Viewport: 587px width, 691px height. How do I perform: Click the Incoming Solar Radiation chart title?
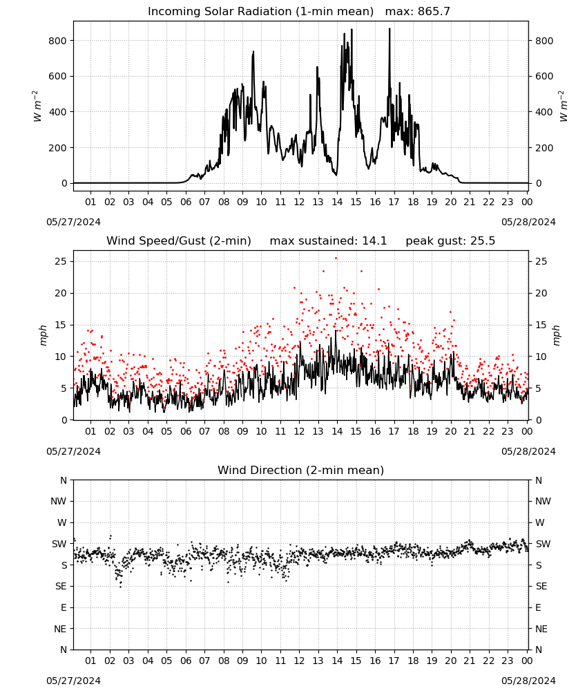[x=260, y=11]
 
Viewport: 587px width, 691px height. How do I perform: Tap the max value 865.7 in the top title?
[x=434, y=11]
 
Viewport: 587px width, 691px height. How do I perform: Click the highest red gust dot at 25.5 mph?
[x=336, y=258]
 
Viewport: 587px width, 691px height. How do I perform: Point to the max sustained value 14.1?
[x=374, y=240]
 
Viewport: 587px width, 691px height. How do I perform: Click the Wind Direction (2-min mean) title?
[x=301, y=470]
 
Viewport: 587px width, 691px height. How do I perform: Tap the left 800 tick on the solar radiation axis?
[x=58, y=41]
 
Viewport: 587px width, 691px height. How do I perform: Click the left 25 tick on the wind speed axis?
[x=61, y=261]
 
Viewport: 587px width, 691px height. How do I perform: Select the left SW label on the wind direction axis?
[x=59, y=544]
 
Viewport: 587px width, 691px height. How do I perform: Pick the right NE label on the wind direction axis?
[x=541, y=629]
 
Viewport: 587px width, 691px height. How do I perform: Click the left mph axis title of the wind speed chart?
[x=43, y=335]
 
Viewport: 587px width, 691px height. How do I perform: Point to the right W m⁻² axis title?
[x=564, y=106]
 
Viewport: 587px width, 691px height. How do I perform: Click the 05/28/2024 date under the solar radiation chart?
[x=528, y=222]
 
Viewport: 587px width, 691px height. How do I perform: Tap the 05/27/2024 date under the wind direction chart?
[x=73, y=681]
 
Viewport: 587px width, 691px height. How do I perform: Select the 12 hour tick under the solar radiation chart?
[x=299, y=202]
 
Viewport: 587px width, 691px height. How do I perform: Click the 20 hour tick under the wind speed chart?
[x=450, y=431]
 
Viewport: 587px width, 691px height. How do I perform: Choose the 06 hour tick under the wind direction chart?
[x=186, y=661]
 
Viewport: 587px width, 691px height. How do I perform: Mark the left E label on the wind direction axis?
[x=64, y=607]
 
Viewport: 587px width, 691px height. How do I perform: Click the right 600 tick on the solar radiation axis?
[x=544, y=76]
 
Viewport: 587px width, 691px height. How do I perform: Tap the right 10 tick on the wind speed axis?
[x=541, y=357]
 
